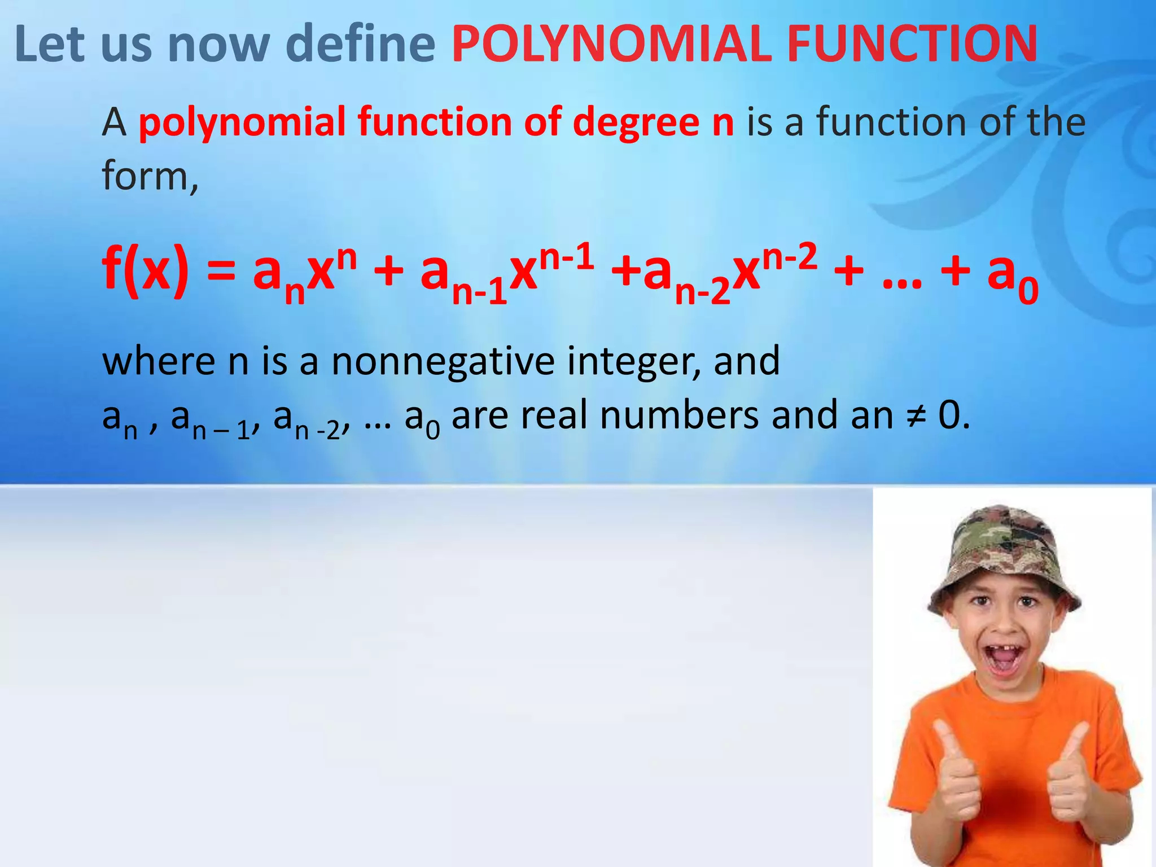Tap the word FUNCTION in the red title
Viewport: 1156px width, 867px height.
coord(912,44)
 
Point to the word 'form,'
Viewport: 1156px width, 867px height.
coord(150,176)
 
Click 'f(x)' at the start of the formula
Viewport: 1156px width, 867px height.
coord(145,270)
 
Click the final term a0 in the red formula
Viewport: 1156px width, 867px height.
coord(1013,277)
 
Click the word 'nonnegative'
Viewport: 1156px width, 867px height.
coord(443,361)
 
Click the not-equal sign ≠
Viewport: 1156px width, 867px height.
coord(914,416)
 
